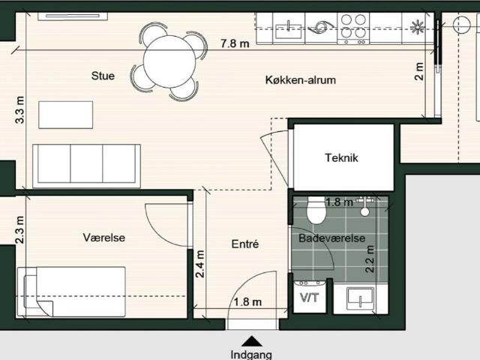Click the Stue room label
103,76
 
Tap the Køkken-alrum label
301,80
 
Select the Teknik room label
341,158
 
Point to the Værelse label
104,238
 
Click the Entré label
245,244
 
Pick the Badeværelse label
331,238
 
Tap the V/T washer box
310,296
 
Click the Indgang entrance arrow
251,341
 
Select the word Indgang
251,355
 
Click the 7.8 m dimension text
235,43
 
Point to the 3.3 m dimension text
19,110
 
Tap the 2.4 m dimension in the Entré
200,264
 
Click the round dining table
169,61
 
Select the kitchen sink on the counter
288,28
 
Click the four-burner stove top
353,28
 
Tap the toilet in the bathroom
316,210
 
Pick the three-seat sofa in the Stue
86,166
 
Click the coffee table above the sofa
65,115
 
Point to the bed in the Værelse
71,292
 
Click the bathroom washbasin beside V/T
360,298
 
